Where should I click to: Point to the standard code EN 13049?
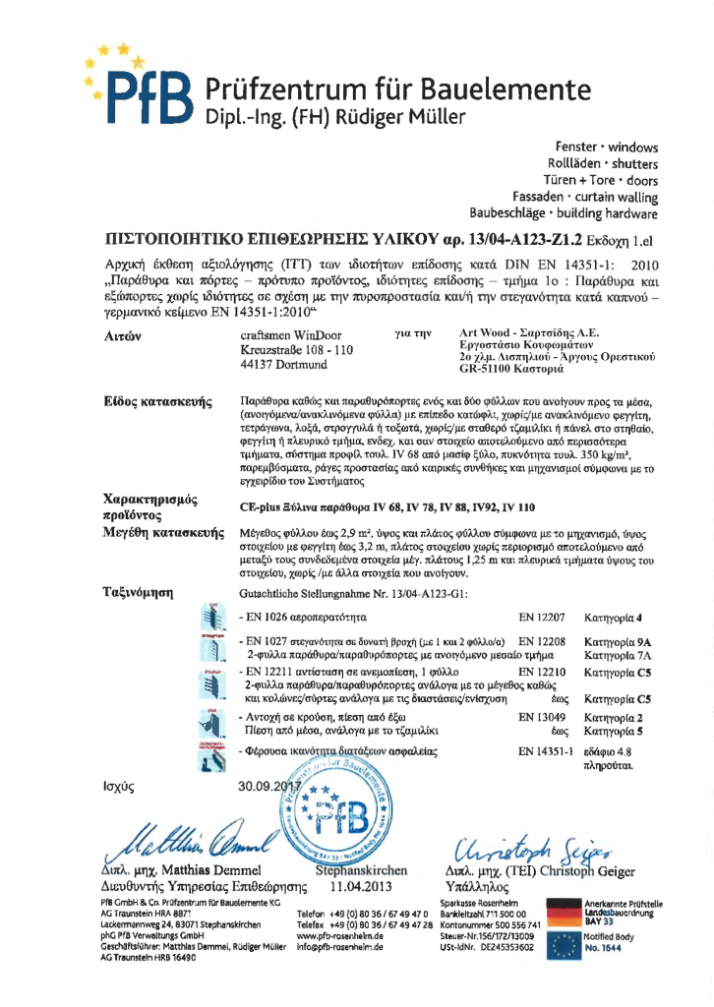tap(541, 718)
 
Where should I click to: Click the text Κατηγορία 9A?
tap(619, 641)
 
